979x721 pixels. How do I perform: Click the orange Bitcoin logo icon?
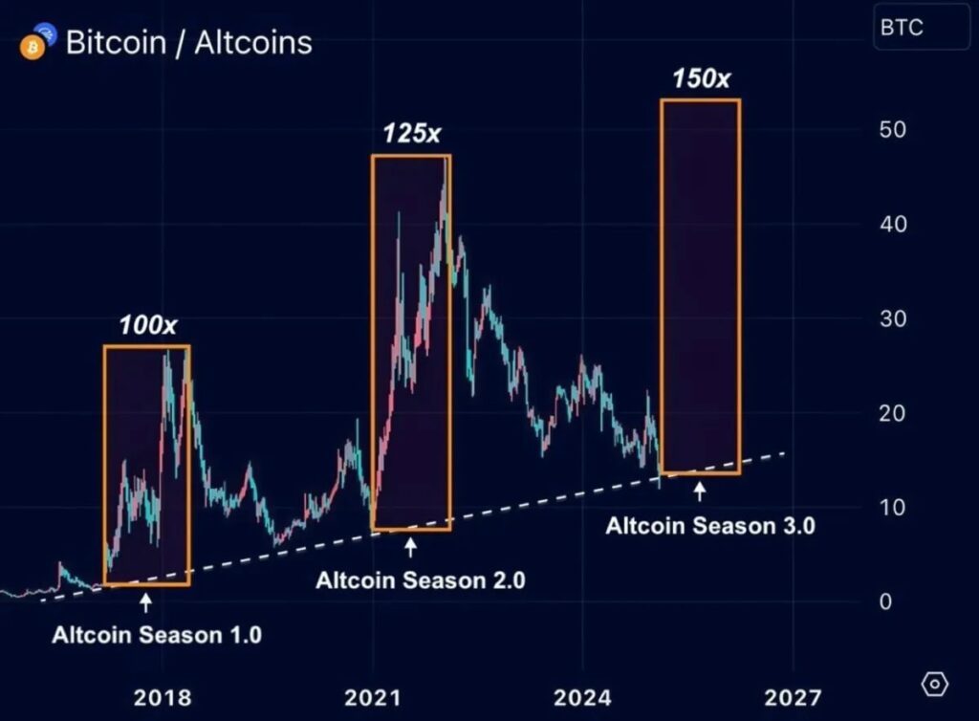pos(33,46)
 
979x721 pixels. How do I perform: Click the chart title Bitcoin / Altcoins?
pos(188,43)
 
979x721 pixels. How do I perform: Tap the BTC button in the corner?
pos(902,28)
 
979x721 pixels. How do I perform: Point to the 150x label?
pos(701,78)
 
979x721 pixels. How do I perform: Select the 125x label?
pos(412,134)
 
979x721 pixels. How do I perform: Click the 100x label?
pos(147,325)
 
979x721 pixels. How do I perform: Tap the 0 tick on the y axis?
pos(885,601)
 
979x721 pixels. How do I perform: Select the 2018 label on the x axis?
pos(162,696)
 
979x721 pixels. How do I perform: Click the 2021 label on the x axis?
pos(372,696)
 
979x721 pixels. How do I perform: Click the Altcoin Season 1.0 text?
pos(157,634)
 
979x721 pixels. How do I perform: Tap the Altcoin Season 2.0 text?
pos(421,579)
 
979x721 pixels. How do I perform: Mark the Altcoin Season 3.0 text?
pos(710,525)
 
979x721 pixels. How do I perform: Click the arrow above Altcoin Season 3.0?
pos(700,492)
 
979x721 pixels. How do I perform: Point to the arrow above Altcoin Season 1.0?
pos(145,602)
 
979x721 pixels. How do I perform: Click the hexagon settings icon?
pos(935,685)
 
